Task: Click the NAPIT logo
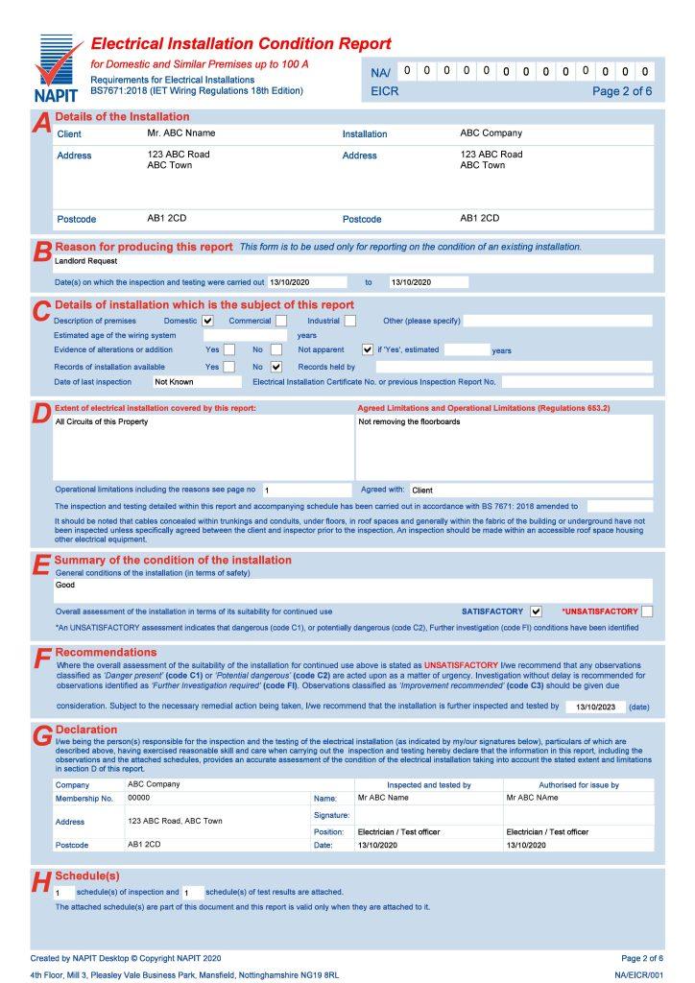tap(57, 68)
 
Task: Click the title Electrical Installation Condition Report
tap(240, 44)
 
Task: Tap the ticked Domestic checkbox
tap(207, 321)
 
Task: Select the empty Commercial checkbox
tap(281, 321)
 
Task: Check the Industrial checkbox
tap(349, 321)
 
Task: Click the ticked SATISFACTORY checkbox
tap(536, 611)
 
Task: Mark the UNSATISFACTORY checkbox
tap(647, 611)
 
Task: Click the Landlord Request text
tap(85, 260)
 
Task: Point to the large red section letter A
tap(40, 125)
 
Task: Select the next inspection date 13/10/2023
tap(595, 707)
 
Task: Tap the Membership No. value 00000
tap(139, 798)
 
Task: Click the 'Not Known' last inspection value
tap(174, 382)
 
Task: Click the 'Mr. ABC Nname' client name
tap(181, 132)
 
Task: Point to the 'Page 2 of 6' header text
tap(621, 92)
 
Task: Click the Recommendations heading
tap(106, 653)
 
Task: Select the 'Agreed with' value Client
tap(422, 491)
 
